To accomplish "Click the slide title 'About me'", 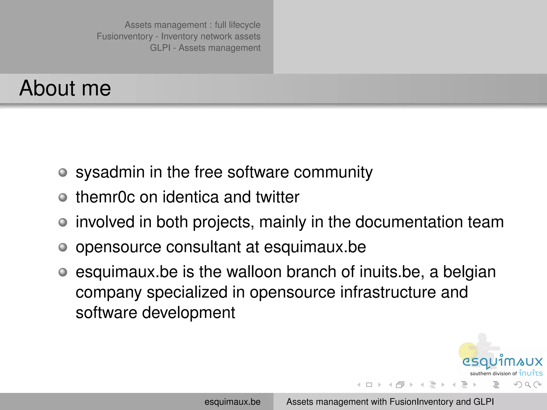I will point(65,88).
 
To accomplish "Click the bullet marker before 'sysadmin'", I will point(63,172).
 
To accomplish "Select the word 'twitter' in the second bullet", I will point(278,197).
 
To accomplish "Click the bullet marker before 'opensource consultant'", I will point(63,247).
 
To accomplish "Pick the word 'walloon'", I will point(254,272).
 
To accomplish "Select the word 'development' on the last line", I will point(188,313).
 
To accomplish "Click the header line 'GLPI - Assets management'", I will point(205,48).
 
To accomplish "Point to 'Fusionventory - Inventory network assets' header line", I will point(178,36).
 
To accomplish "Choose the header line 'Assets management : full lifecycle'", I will point(192,25).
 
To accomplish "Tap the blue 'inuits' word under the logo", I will point(530,373).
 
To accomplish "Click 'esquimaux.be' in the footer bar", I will point(232,402).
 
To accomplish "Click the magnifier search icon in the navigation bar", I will point(528,385).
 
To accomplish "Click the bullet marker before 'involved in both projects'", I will point(63,222).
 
